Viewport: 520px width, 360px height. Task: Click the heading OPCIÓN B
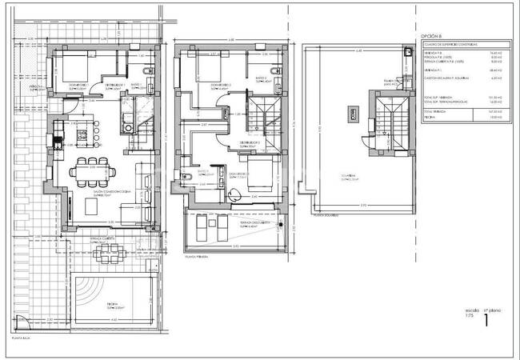click(x=430, y=36)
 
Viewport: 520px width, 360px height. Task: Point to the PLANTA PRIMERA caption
click(x=197, y=258)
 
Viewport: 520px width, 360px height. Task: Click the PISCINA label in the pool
click(x=101, y=305)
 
